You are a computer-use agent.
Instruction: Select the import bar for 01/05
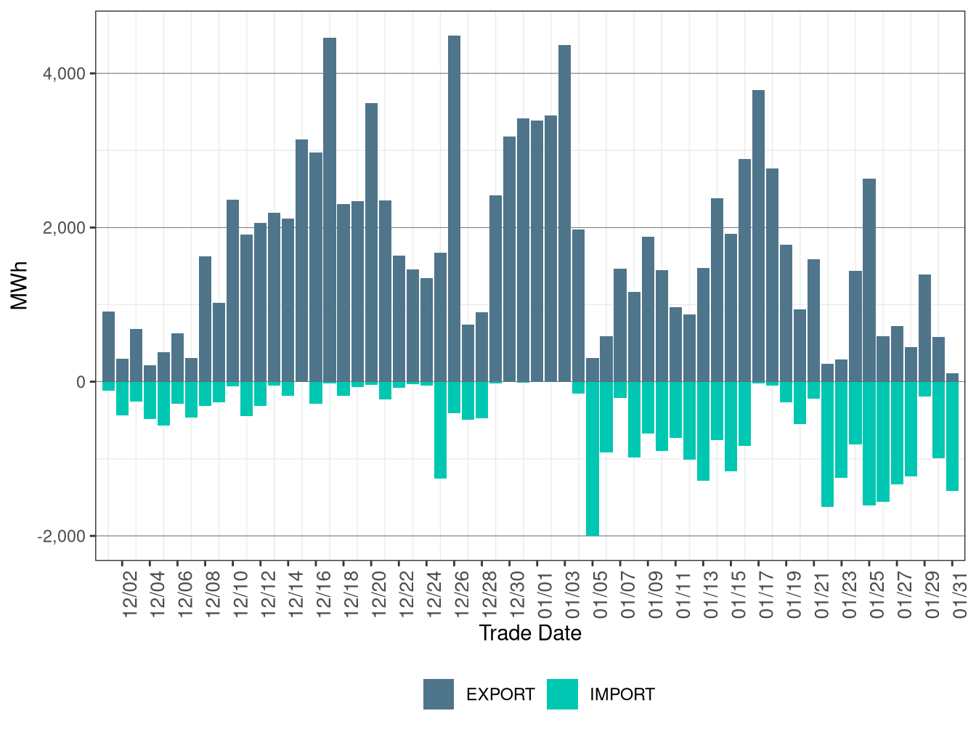pos(593,458)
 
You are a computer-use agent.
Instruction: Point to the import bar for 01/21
pos(827,444)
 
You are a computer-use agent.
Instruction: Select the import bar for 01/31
pos(952,436)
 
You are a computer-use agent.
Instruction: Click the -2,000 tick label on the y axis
pos(62,536)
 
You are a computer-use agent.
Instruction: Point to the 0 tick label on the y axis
pos(81,382)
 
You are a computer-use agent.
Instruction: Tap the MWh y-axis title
pos(20,285)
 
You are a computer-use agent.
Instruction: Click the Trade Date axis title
pos(530,633)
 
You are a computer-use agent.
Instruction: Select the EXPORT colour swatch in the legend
pos(439,694)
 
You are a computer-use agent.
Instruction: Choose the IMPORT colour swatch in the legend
pos(562,694)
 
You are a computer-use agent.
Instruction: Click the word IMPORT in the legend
pos(622,695)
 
